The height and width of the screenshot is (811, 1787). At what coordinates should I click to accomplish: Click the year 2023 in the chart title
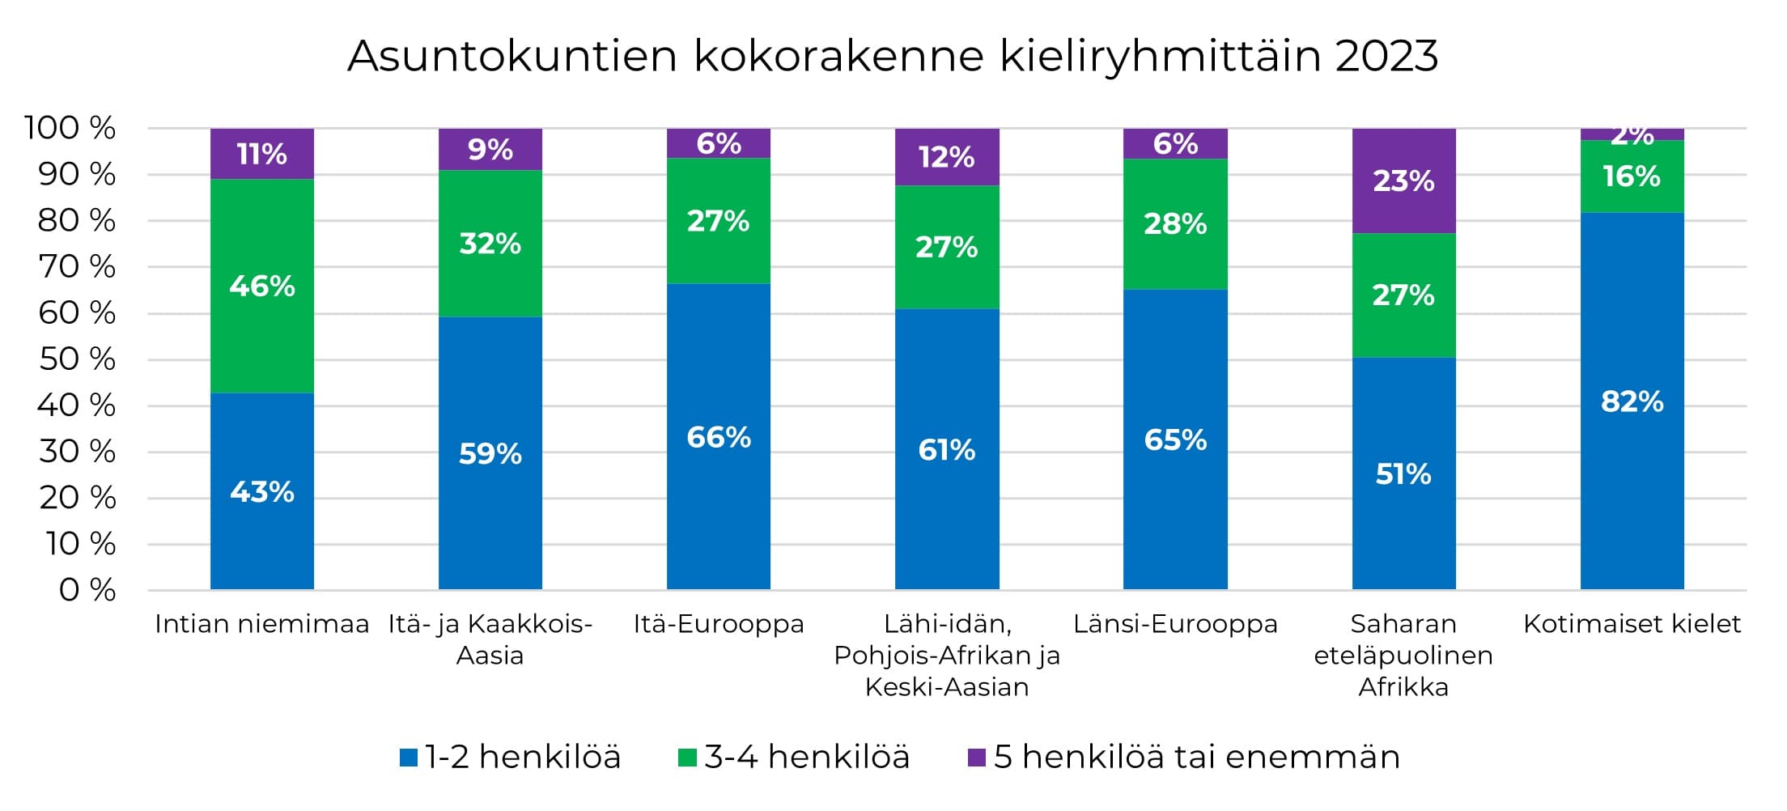pos(1386,57)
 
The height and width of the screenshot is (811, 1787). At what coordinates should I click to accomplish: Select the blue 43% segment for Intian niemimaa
pos(261,491)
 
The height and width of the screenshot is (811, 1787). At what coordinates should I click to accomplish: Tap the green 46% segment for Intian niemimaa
pos(261,286)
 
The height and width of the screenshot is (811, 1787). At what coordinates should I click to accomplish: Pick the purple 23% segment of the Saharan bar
pos(1403,180)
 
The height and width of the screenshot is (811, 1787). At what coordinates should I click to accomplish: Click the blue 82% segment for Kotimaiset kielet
pos(1632,401)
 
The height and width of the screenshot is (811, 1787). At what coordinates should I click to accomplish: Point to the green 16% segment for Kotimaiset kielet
pos(1632,176)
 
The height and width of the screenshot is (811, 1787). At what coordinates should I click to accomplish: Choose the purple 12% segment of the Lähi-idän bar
pos(946,157)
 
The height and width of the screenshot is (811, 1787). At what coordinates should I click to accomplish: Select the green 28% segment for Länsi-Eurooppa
pos(1175,224)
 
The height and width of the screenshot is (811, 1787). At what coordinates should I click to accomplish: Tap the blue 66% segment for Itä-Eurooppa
pos(719,437)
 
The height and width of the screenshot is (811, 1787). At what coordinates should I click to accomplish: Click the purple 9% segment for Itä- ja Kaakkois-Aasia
pos(490,150)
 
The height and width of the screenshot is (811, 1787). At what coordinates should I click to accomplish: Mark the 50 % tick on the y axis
pos(78,359)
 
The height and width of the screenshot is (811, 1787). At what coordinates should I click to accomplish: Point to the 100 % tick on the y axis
pos(70,128)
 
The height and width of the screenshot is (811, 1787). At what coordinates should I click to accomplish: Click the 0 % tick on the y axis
pos(87,590)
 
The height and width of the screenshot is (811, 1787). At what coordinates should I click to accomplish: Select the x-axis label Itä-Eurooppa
pos(719,624)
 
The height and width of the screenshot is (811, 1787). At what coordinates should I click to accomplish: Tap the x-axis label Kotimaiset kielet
pos(1632,624)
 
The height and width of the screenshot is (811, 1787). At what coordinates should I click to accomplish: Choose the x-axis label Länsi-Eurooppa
pos(1175,624)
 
